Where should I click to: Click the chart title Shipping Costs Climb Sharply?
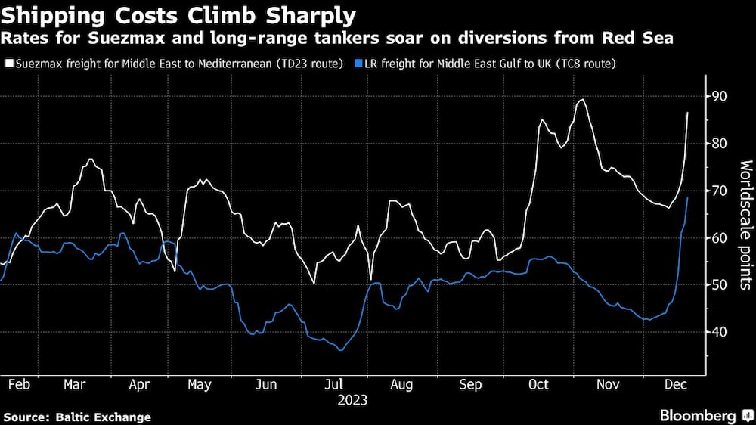pos(178,16)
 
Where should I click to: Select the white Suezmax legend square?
pos(9,64)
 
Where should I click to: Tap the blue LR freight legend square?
pos(358,64)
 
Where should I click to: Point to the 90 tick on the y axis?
pos(717,97)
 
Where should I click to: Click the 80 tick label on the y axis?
pos(717,143)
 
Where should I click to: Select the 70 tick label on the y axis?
pos(717,191)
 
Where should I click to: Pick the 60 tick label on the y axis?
pos(717,237)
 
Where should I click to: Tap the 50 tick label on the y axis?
pos(717,284)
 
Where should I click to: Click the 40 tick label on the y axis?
pos(717,332)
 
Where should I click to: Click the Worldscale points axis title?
pos(745,225)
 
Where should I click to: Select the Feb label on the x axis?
pos(20,384)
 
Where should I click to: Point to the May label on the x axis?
pos(199,384)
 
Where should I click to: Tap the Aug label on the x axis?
pos(401,384)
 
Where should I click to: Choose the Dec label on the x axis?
pos(675,384)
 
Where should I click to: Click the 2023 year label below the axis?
pos(352,400)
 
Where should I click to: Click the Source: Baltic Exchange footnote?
pos(77,417)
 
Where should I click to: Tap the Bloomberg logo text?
pos(698,416)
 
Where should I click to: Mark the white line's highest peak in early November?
pos(582,99)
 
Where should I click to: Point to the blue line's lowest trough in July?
pos(341,350)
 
